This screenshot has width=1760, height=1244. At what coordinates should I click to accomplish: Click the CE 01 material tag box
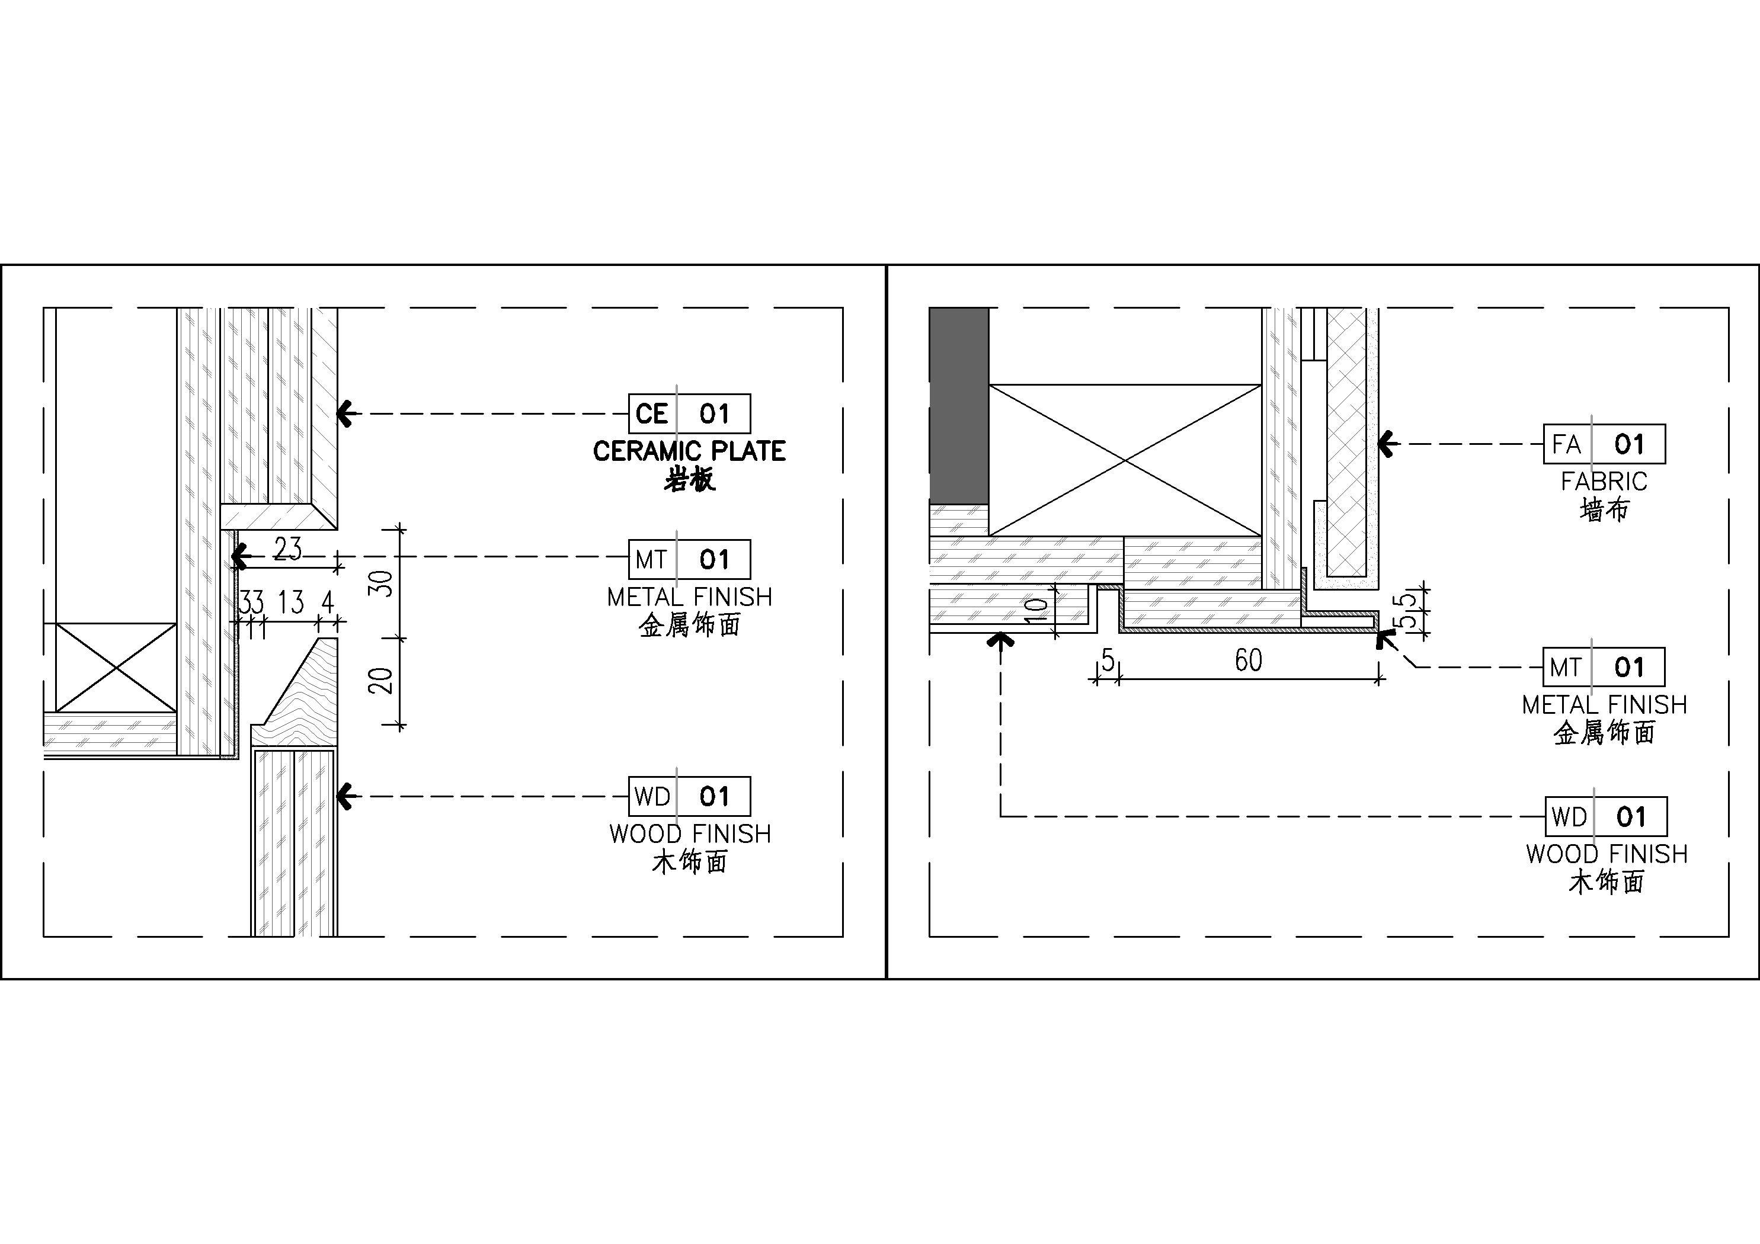(x=689, y=414)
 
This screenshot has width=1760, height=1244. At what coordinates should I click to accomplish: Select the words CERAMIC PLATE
(x=689, y=451)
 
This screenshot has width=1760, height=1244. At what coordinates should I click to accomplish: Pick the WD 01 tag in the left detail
(x=689, y=796)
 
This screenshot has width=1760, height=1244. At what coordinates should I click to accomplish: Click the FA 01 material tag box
(x=1604, y=444)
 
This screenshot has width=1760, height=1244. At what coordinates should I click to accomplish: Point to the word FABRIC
(x=1604, y=482)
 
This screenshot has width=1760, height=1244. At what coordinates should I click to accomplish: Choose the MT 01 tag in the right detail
(x=1604, y=667)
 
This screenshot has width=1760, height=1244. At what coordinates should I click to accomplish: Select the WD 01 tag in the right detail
(x=1606, y=816)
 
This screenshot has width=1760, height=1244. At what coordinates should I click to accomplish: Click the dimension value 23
(x=287, y=549)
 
